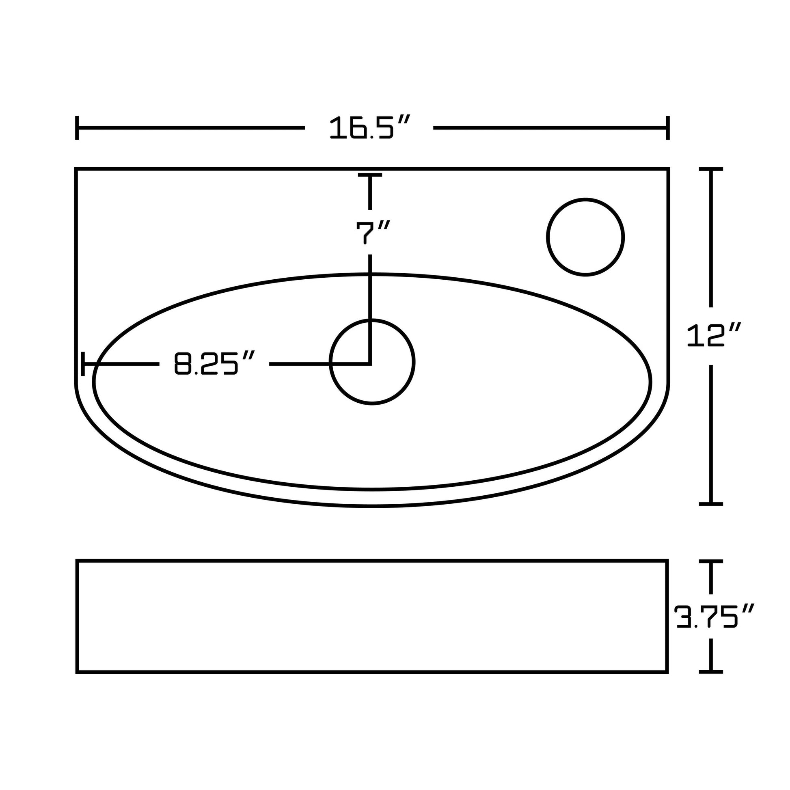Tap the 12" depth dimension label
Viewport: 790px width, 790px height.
pos(713,336)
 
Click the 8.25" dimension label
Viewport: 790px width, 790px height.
pos(214,363)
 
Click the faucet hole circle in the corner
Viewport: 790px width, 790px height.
pos(585,237)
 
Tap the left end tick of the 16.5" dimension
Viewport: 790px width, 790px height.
pos(77,127)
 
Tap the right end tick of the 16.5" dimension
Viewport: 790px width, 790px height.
pos(668,127)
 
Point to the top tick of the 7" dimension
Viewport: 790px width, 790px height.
pos(370,175)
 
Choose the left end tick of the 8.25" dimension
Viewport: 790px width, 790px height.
pos(83,363)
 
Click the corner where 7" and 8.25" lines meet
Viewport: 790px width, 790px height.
pos(370,363)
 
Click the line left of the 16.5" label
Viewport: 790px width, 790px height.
pos(190,127)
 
